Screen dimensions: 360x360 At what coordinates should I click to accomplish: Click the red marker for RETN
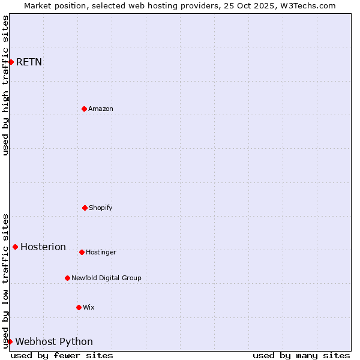point(11,62)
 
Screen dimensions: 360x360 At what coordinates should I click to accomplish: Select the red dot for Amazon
point(84,109)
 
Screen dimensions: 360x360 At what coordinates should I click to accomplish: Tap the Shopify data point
point(85,208)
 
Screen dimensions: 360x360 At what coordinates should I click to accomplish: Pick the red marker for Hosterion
point(15,247)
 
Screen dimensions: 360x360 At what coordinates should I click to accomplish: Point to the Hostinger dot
point(82,252)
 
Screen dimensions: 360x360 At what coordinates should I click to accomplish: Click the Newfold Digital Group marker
point(67,278)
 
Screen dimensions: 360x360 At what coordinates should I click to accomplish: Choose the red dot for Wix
point(79,307)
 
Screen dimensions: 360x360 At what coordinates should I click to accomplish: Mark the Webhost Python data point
point(10,341)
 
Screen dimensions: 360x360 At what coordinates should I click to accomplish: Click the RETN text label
point(29,62)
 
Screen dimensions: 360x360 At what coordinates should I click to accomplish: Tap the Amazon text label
point(101,109)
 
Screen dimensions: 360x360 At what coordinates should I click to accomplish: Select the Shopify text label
point(101,208)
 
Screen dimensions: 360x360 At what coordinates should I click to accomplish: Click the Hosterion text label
point(43,247)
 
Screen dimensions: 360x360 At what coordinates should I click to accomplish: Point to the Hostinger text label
point(101,252)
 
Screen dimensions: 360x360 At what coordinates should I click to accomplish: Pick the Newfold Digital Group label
point(106,278)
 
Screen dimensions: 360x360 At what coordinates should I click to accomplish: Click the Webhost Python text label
point(54,341)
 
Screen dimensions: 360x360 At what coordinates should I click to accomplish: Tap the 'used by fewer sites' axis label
point(62,355)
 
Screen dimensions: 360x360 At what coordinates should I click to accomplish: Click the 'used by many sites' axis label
point(301,355)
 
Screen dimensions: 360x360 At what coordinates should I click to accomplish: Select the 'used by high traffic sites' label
point(5,85)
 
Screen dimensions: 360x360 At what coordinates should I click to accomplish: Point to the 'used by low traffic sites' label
point(5,281)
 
